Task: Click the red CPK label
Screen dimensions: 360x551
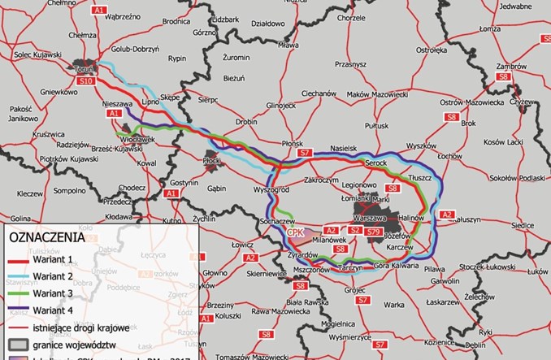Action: coord(295,232)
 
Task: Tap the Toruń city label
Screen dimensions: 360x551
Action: coord(84,70)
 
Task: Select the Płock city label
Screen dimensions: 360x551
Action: coord(210,162)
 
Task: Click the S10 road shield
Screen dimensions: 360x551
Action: coord(87,81)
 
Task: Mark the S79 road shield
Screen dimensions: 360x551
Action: coord(373,232)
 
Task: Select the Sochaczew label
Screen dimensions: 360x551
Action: coord(276,220)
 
